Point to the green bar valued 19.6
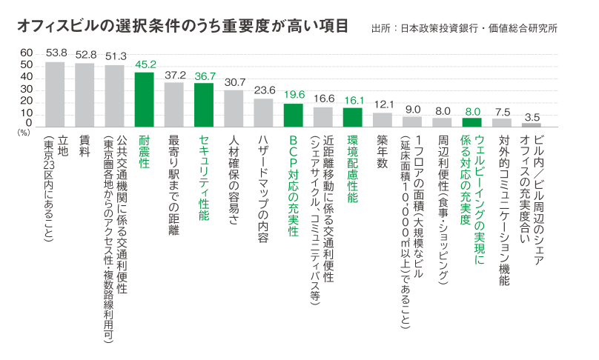pyautogui.click(x=294, y=116)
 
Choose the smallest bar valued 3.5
pyautogui.click(x=532, y=125)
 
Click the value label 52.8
pyautogui.click(x=86, y=54)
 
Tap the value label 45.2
pyautogui.click(x=145, y=64)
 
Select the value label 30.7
pyautogui.click(x=234, y=81)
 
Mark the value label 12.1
pyautogui.click(x=383, y=104)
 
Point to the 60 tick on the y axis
pyautogui.click(x=26, y=53)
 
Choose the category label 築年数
pyautogui.click(x=383, y=152)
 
